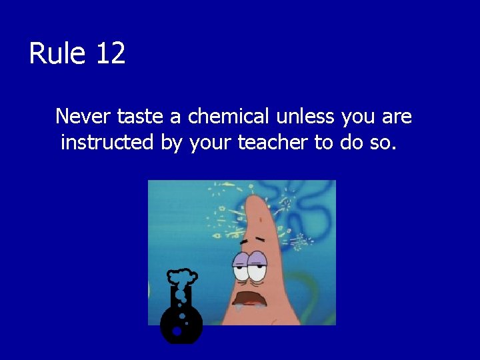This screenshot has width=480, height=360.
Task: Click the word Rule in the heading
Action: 58,53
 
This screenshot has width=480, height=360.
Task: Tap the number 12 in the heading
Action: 110,53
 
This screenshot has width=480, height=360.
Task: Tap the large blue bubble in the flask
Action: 177,331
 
